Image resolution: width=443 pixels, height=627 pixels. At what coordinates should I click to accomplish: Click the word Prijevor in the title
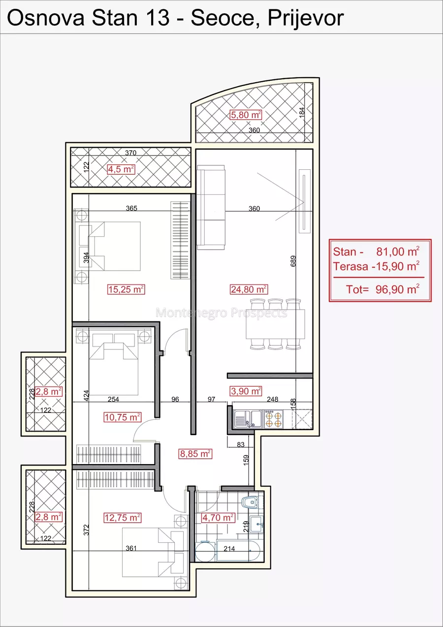[x=306, y=18]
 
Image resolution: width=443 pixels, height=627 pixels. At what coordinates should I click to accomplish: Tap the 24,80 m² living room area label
[x=249, y=289]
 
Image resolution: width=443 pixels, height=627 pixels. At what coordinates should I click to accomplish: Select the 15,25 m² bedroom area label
[x=126, y=289]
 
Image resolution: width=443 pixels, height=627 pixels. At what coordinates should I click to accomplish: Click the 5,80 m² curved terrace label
[x=246, y=115]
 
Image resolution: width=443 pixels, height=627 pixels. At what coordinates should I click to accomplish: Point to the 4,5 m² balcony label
[x=121, y=169]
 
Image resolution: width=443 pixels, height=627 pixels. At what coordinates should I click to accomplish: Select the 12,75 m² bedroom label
[x=123, y=518]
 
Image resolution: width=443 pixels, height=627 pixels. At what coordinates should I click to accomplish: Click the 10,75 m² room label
[x=123, y=417]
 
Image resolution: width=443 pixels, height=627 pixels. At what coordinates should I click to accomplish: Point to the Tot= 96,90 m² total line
[x=382, y=289]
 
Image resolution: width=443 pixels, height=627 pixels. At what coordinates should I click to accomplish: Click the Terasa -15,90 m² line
[x=376, y=266]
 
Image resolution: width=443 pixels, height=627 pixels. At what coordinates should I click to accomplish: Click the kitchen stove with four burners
[x=273, y=419]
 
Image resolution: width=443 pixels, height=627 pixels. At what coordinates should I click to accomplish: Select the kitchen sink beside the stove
[x=248, y=419]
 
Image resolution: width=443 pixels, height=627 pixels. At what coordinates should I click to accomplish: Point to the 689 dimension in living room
[x=293, y=261]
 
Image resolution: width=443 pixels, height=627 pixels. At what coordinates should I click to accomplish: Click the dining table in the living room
[x=276, y=324]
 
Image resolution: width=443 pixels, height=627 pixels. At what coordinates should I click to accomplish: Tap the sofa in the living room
[x=211, y=207]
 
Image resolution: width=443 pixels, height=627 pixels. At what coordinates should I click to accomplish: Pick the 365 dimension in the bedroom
[x=131, y=208]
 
